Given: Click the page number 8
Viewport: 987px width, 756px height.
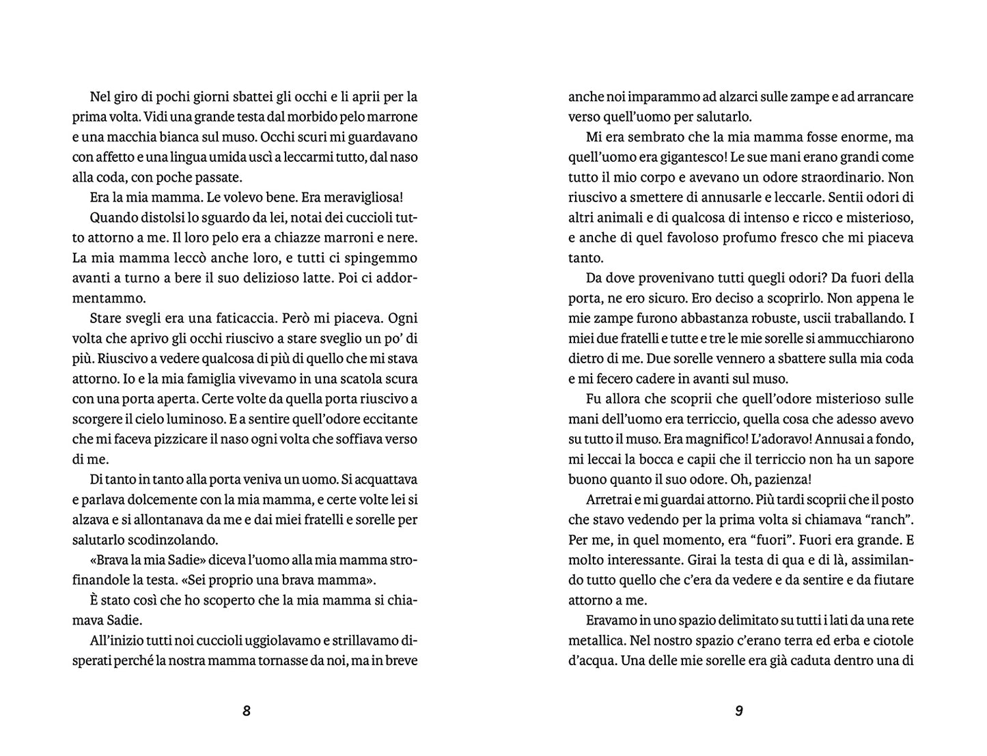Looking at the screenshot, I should click(x=247, y=711).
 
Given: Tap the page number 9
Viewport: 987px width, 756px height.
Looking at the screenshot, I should click(x=738, y=711).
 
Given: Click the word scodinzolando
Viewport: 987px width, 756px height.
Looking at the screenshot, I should click(x=168, y=540).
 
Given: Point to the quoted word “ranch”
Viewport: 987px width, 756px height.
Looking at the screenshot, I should click(x=890, y=520).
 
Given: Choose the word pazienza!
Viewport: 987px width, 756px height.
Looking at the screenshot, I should click(x=781, y=479).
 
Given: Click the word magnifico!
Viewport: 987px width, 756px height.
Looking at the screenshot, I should click(x=718, y=439).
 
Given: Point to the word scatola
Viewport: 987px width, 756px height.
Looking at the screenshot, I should click(x=346, y=378).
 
